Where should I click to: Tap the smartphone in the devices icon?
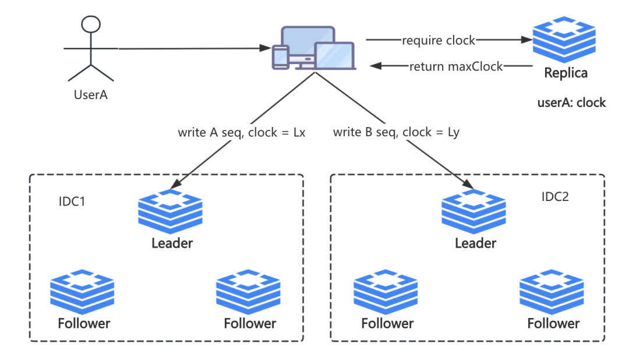pos(281,58)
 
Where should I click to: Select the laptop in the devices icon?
pos(335,57)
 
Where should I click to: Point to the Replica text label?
pos(565,74)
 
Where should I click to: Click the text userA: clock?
pos(571,103)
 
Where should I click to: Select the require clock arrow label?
pos(439,40)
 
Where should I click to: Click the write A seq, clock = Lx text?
pos(242,132)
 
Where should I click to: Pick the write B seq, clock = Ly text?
pos(396,132)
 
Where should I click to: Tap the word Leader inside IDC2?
pos(475,243)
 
